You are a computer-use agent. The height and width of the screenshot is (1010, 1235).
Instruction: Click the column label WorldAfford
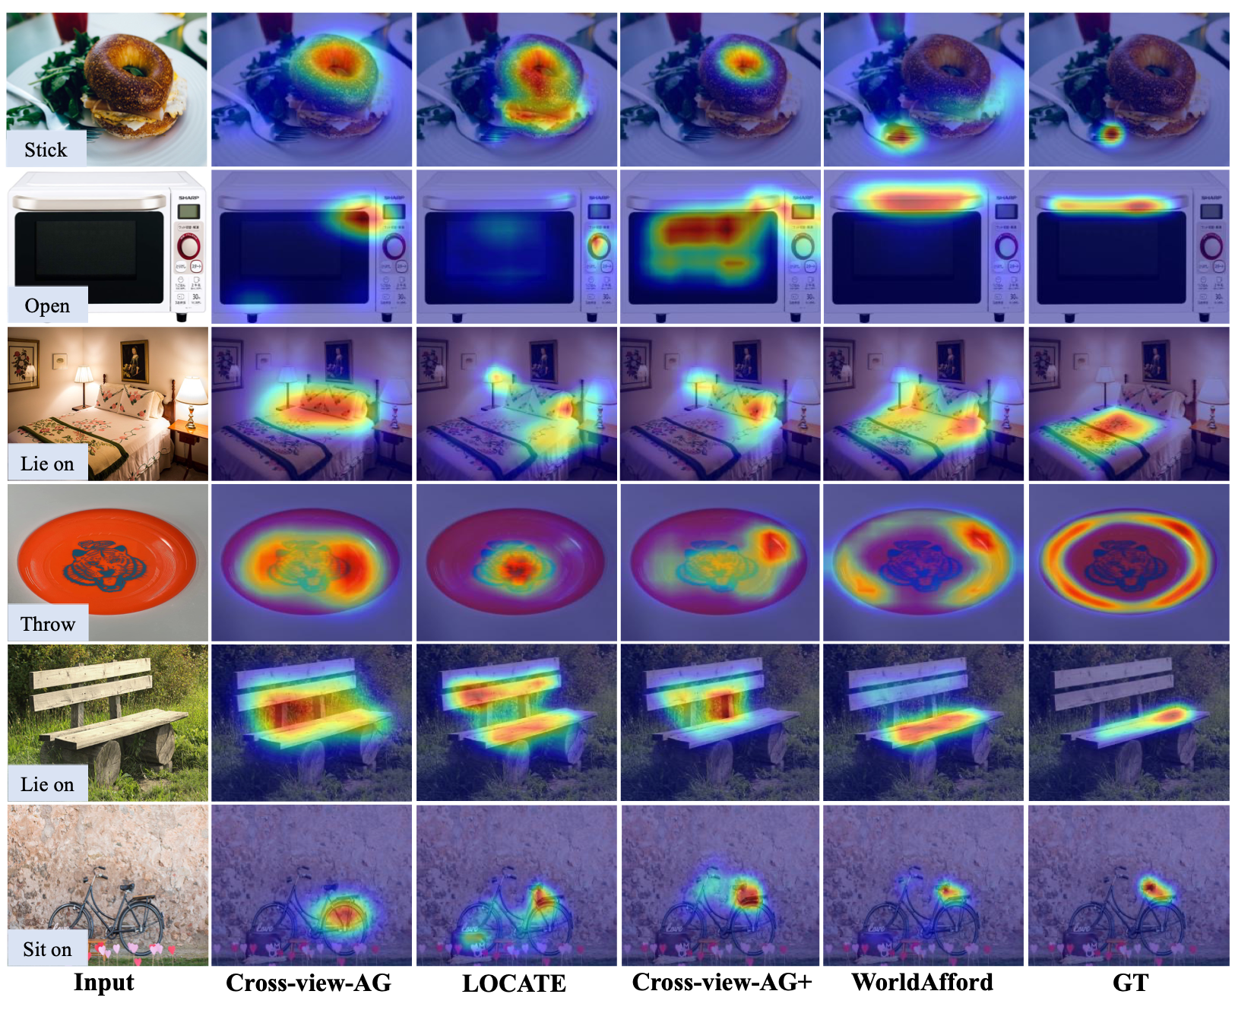pyautogui.click(x=922, y=982)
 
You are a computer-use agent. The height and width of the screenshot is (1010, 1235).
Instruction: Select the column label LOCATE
pyautogui.click(x=514, y=983)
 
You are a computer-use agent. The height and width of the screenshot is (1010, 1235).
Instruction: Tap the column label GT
pyautogui.click(x=1130, y=983)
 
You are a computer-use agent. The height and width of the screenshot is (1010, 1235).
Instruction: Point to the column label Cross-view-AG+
pyautogui.click(x=722, y=982)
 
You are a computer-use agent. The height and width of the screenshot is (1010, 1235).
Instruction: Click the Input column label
pyautogui.click(x=103, y=982)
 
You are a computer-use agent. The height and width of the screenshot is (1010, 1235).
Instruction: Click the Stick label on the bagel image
pyautogui.click(x=46, y=150)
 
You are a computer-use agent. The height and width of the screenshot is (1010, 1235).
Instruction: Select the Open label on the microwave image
pyautogui.click(x=47, y=306)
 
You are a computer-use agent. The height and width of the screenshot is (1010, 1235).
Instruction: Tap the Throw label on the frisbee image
pyautogui.click(x=48, y=624)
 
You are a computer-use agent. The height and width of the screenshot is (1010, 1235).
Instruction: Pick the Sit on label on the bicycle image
pyautogui.click(x=47, y=949)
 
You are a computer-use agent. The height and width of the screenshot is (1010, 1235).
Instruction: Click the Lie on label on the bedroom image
pyautogui.click(x=47, y=464)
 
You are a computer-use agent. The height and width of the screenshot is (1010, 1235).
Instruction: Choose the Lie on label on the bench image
pyautogui.click(x=47, y=784)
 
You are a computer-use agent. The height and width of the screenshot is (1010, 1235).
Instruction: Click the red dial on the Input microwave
pyautogui.click(x=188, y=246)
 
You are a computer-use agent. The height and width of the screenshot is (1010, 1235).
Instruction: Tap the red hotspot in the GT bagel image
pyautogui.click(x=1111, y=135)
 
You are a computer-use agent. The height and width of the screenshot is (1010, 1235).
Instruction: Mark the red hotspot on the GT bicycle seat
pyautogui.click(x=1152, y=887)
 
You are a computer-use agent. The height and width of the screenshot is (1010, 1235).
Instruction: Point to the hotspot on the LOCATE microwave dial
pyautogui.click(x=598, y=245)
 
